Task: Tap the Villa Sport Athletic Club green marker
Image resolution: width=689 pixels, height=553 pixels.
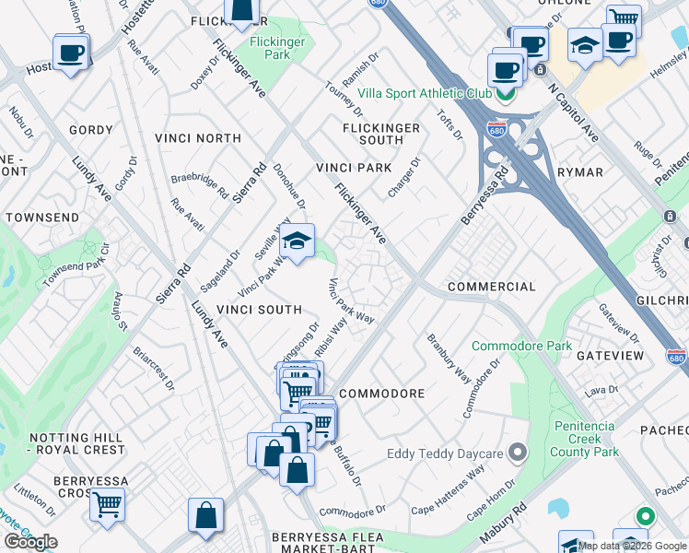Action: tap(504, 93)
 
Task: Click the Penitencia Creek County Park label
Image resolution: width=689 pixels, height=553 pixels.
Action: tap(585, 439)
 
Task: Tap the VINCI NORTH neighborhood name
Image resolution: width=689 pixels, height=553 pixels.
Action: tap(198, 138)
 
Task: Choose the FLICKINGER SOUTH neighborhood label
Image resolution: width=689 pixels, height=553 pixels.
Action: tap(381, 134)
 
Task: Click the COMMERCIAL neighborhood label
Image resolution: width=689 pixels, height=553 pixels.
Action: tap(491, 287)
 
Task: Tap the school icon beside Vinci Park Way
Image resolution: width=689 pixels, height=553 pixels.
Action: tap(297, 242)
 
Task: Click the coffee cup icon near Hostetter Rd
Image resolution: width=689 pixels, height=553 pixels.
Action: tap(71, 52)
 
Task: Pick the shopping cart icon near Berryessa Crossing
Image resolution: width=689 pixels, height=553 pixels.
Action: tap(108, 504)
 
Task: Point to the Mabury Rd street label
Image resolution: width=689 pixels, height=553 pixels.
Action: tap(503, 522)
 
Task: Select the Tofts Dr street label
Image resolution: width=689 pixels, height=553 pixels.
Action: tap(450, 124)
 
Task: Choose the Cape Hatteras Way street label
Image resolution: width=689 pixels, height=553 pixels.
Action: tap(448, 487)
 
